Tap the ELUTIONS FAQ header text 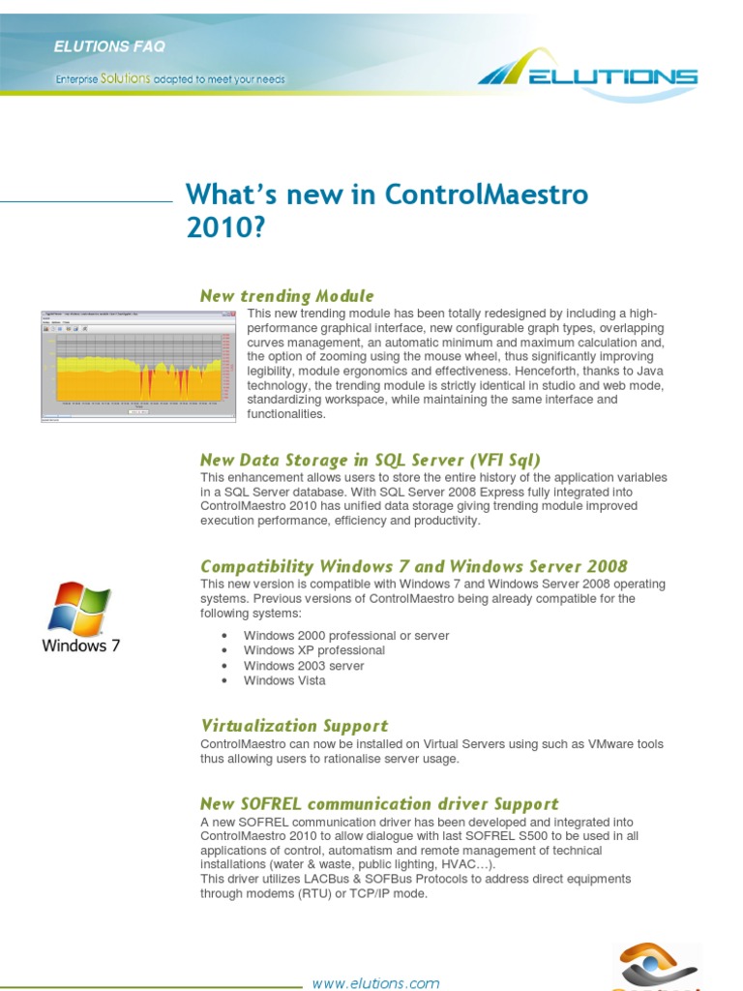pyautogui.click(x=109, y=46)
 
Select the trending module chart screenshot pyautogui.click(x=138, y=366)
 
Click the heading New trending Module pyautogui.click(x=286, y=295)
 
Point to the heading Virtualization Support pyautogui.click(x=294, y=725)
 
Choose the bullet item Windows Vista pyautogui.click(x=284, y=680)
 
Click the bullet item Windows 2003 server pyautogui.click(x=304, y=666)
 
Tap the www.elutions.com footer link pyautogui.click(x=375, y=983)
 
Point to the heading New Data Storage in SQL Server pyautogui.click(x=370, y=460)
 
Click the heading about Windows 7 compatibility pyautogui.click(x=413, y=566)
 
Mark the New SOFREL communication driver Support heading pyautogui.click(x=379, y=803)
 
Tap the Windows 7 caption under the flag pyautogui.click(x=81, y=646)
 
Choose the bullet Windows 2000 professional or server pyautogui.click(x=346, y=636)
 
